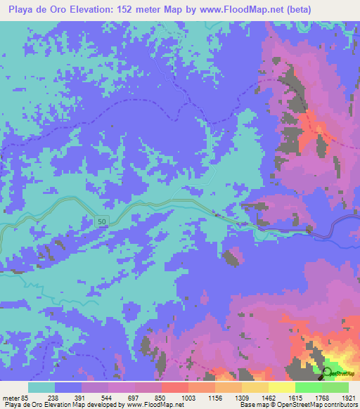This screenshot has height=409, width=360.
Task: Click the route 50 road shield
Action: pos(102,221)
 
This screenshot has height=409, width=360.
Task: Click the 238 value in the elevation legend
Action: pos(68,397)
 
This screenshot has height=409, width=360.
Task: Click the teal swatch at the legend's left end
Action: pos(41,387)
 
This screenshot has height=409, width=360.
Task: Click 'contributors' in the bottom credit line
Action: pos(340,405)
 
